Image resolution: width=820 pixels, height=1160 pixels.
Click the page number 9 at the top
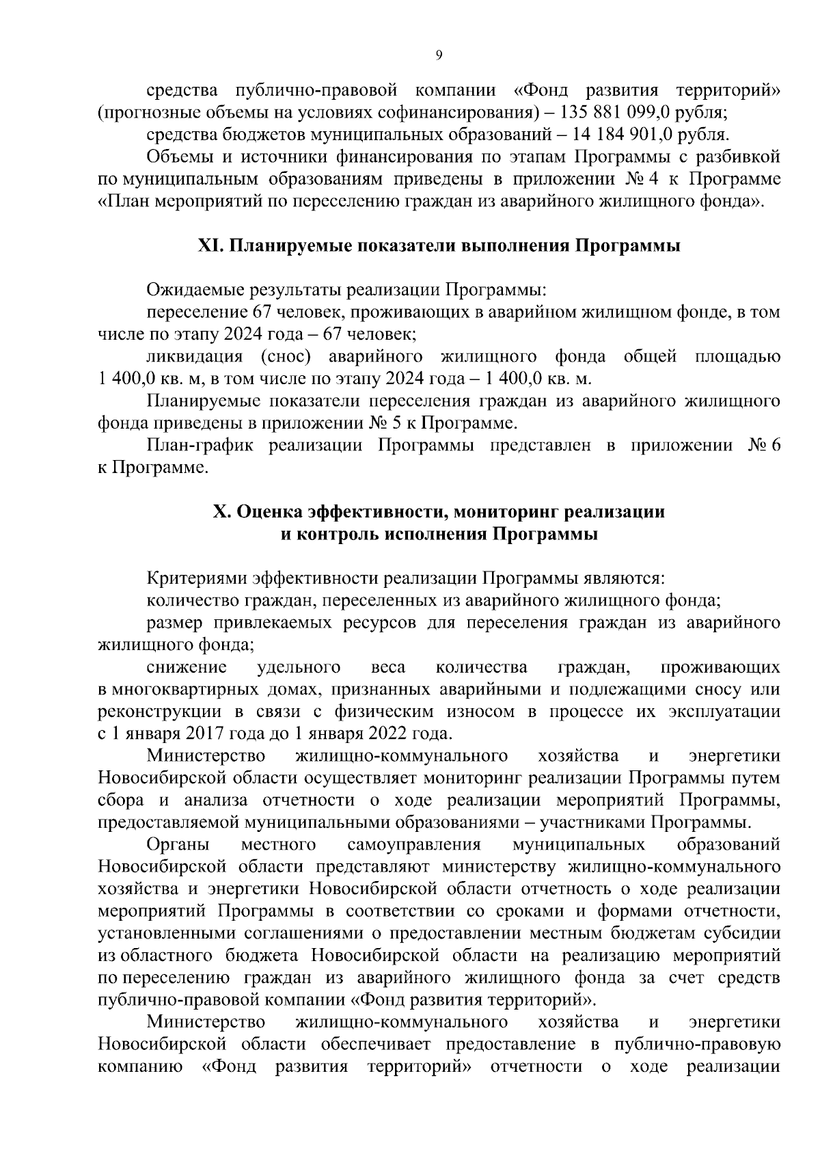tap(438, 56)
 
